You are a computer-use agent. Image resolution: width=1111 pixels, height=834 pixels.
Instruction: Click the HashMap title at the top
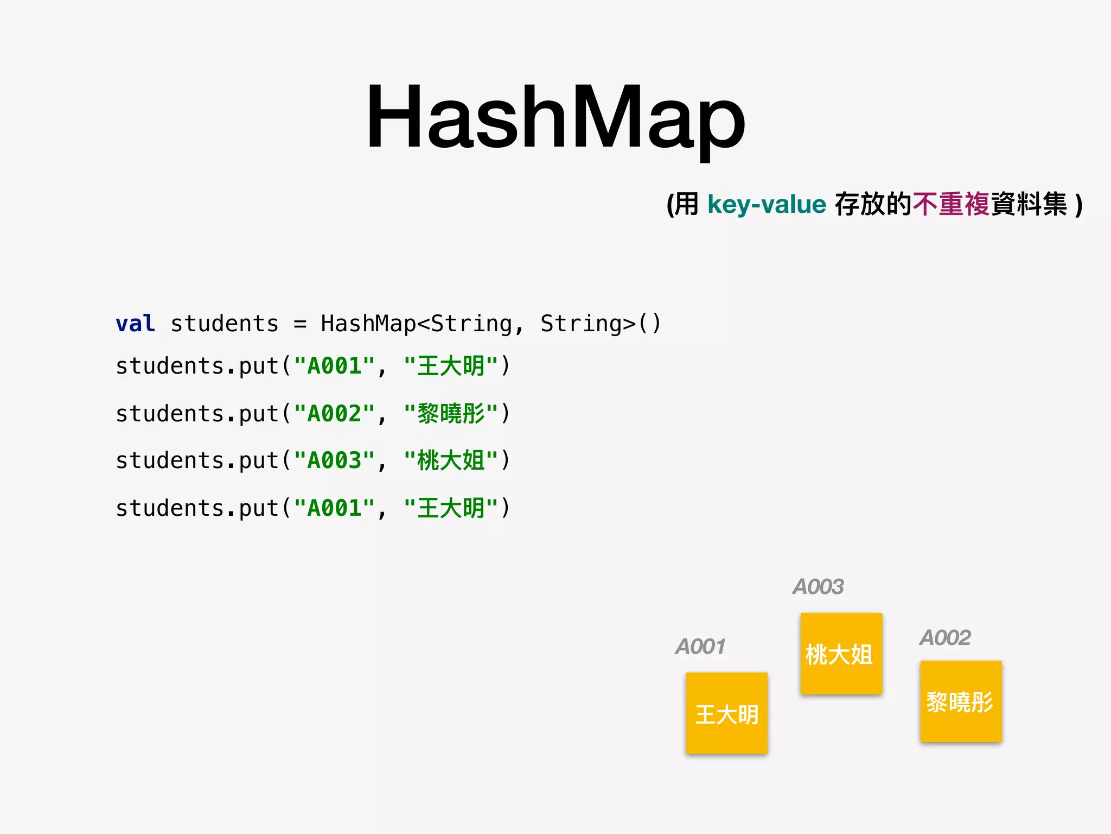(555, 117)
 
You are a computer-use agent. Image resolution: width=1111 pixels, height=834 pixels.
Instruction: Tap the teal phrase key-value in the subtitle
(767, 205)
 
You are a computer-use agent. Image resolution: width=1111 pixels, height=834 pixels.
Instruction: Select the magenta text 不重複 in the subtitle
(951, 205)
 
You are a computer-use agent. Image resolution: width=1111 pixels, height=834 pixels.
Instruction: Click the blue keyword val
(135, 324)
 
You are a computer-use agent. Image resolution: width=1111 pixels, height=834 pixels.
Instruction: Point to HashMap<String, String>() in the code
(490, 324)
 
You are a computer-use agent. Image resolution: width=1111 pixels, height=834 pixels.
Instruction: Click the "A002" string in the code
(334, 414)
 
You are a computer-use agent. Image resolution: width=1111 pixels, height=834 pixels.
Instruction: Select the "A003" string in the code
(334, 460)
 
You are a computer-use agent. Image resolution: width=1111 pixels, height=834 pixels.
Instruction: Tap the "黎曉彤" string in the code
(451, 414)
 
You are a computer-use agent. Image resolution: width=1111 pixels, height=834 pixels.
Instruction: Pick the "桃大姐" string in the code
(451, 460)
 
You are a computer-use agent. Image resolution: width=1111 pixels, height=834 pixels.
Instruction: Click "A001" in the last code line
(334, 508)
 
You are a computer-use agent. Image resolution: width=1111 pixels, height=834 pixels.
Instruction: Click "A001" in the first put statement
(334, 366)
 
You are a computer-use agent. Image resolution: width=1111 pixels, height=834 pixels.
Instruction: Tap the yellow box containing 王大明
(726, 713)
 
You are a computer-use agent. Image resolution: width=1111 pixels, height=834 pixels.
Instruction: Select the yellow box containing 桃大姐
(841, 653)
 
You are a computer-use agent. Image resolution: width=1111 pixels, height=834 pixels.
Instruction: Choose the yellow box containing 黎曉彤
(961, 701)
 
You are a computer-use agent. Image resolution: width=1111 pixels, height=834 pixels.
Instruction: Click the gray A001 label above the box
(700, 647)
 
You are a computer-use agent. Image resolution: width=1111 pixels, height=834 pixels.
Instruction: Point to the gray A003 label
(818, 587)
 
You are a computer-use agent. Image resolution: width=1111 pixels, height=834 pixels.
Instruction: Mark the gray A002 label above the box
(945, 637)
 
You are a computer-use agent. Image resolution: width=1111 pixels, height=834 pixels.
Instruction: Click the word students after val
(224, 324)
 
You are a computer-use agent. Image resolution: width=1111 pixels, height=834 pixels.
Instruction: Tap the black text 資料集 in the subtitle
(1029, 205)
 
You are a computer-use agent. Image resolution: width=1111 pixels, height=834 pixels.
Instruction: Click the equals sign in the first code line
(300, 324)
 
